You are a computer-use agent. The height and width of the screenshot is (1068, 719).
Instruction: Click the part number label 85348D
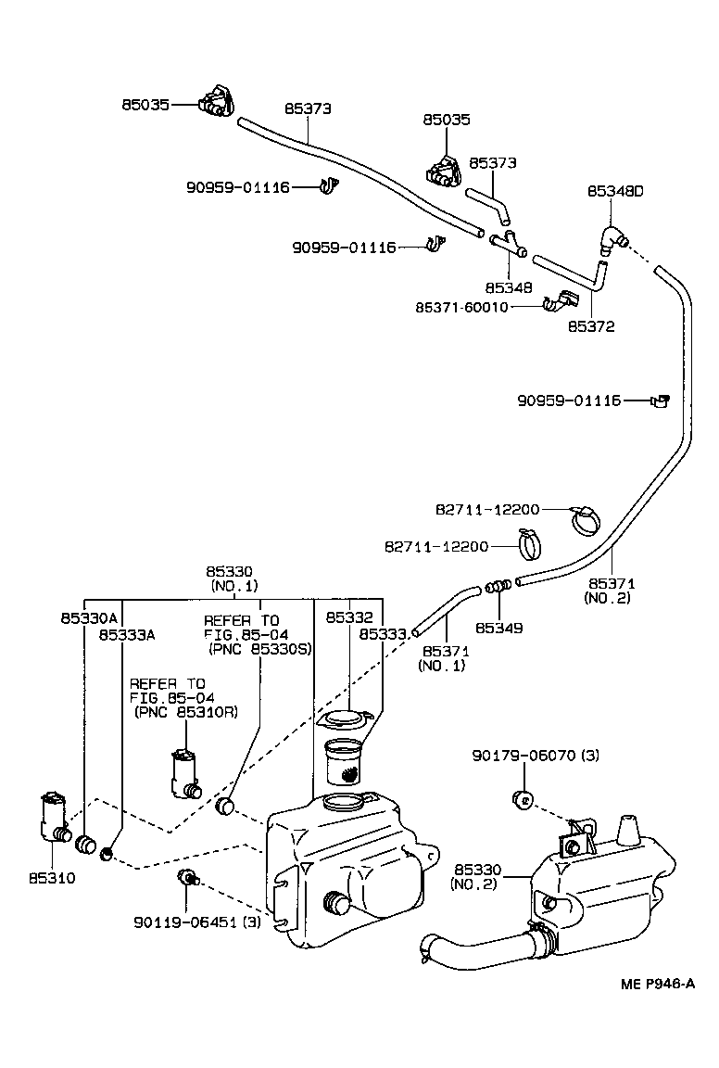(615, 191)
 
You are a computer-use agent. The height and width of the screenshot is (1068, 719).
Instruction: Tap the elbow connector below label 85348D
(612, 236)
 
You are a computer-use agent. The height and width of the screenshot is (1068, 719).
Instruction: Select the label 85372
(591, 326)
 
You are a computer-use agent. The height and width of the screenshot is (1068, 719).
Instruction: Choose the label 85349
(499, 628)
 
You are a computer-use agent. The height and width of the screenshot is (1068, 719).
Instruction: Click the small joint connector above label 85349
(498, 586)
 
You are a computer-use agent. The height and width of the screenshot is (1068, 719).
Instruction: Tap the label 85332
(348, 616)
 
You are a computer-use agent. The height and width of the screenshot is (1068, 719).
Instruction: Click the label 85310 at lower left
(51, 877)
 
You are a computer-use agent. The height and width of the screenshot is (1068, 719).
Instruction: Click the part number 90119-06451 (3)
(196, 922)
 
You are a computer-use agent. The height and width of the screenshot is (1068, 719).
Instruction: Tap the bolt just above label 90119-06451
(186, 876)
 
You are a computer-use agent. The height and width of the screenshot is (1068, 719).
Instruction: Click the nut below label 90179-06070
(522, 798)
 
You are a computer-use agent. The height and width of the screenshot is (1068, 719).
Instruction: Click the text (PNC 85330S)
(259, 648)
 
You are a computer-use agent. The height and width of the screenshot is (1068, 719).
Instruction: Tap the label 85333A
(127, 634)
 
